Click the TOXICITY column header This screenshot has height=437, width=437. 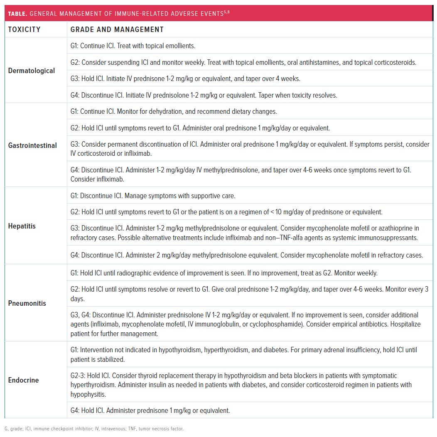(x=24, y=29)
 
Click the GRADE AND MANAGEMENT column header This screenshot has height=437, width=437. (x=117, y=29)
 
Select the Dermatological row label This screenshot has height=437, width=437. (x=31, y=71)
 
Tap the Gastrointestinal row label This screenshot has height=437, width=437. (x=32, y=145)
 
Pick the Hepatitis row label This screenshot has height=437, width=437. (x=22, y=226)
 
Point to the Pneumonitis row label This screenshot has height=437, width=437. (x=27, y=303)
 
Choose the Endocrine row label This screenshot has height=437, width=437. (x=23, y=380)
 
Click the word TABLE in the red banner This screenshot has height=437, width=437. (x=17, y=14)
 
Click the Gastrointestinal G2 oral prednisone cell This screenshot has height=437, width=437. (x=200, y=128)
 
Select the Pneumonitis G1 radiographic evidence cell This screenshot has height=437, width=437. (x=224, y=273)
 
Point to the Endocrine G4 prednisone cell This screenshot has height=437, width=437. (x=150, y=410)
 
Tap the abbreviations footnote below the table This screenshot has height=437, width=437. (x=94, y=428)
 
